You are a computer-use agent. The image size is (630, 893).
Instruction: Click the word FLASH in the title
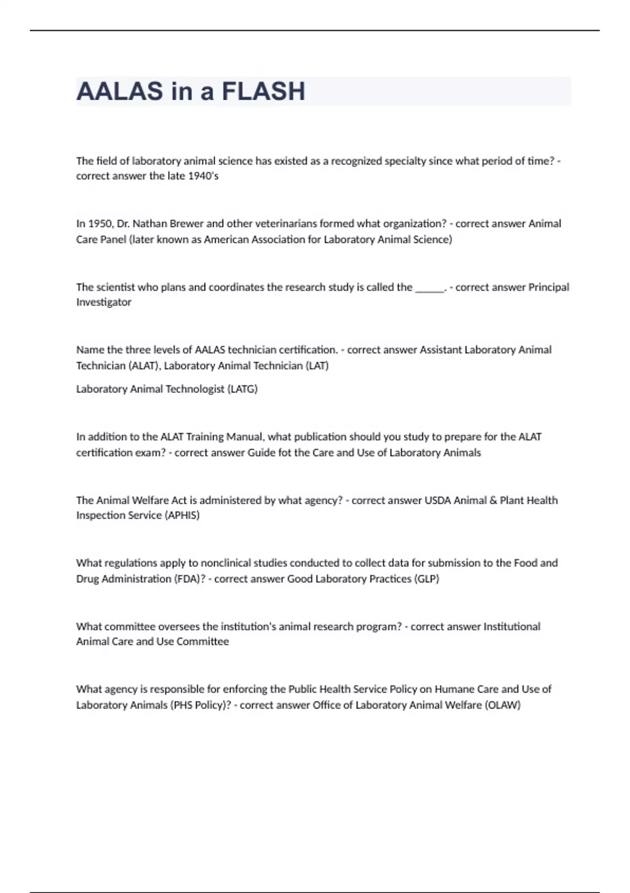pyautogui.click(x=263, y=91)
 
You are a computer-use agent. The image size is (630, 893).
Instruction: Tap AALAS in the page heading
pyautogui.click(x=120, y=91)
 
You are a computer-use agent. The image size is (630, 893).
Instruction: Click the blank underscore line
pyautogui.click(x=429, y=288)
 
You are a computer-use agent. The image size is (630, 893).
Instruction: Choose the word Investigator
pyautogui.click(x=103, y=302)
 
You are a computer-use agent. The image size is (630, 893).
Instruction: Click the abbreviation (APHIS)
pyautogui.click(x=182, y=515)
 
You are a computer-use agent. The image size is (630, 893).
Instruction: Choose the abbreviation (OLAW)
pyautogui.click(x=502, y=704)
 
